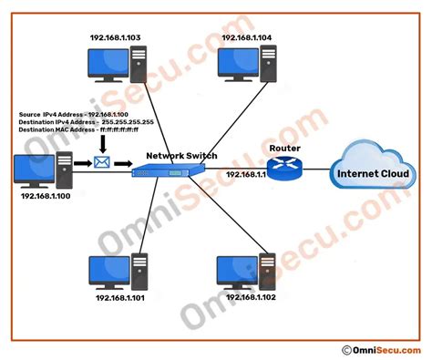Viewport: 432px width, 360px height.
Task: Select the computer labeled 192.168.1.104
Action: [246, 65]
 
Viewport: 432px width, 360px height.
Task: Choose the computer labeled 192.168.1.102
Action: [243, 271]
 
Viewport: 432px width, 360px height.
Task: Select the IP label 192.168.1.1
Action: [245, 173]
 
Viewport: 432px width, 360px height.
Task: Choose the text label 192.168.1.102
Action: [247, 298]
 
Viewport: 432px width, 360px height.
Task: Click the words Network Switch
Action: [182, 156]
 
